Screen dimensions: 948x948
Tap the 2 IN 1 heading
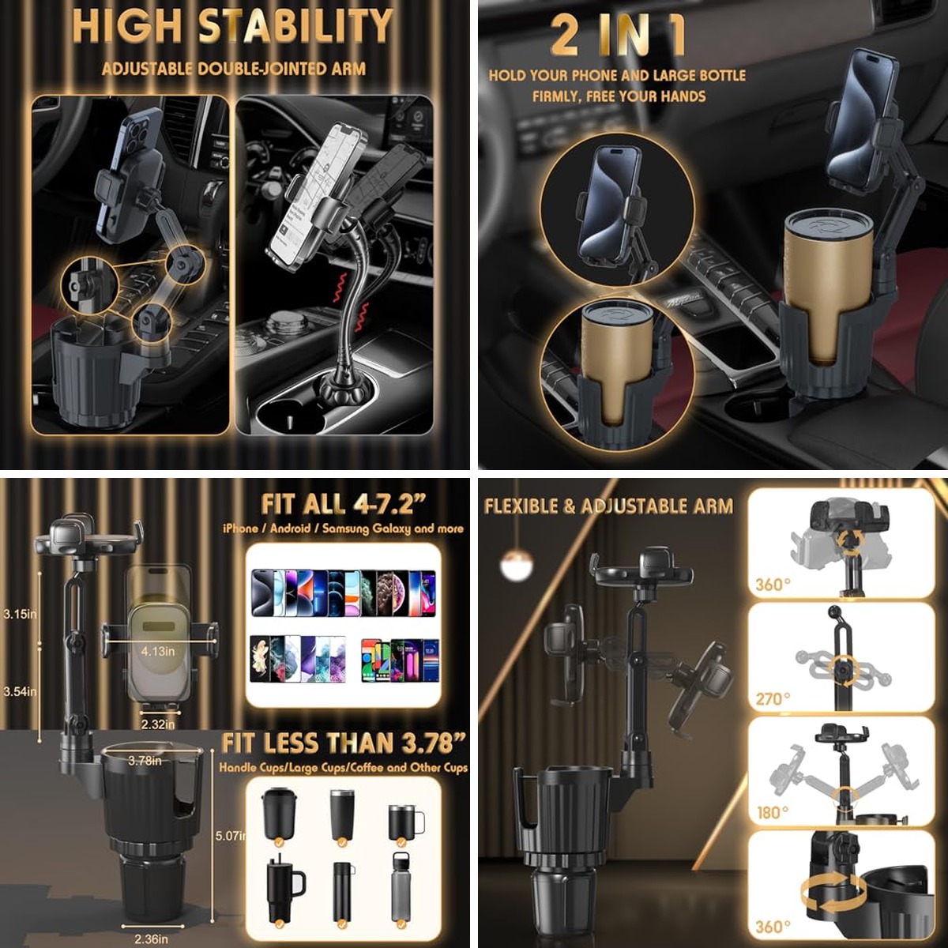click(618, 36)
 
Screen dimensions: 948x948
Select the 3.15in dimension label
click(20, 614)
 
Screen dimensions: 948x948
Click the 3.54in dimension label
click(20, 692)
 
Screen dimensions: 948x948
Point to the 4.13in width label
click(158, 651)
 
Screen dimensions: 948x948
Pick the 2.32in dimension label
click(158, 724)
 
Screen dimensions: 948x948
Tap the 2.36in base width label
click(151, 939)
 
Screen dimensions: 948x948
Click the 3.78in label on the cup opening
click(145, 761)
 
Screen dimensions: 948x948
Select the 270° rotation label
click(773, 699)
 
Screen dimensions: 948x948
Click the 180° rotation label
click(773, 812)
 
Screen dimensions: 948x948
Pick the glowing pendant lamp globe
click(516, 562)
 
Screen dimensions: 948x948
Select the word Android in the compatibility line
click(290, 529)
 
